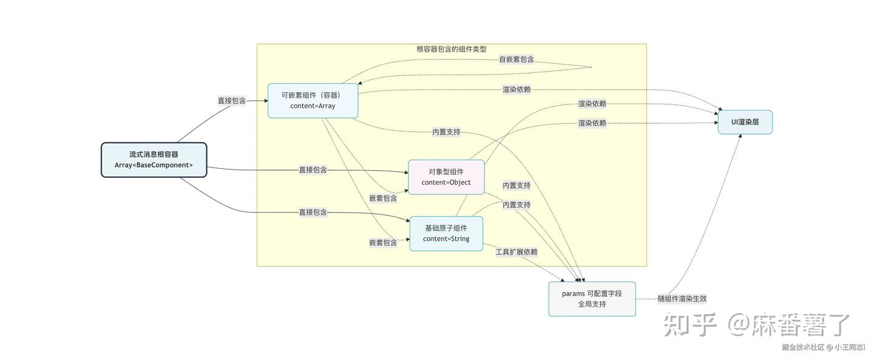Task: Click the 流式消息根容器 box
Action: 154,160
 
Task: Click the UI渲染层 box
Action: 745,122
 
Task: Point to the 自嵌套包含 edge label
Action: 517,59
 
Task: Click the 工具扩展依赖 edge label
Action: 517,252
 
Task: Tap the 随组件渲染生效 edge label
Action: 682,299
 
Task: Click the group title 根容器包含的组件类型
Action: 452,49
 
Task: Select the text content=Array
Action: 313,106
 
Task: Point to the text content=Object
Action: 446,182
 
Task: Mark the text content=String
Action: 446,239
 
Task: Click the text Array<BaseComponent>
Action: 154,165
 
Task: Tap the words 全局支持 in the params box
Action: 592,304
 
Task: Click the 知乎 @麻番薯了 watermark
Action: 757,325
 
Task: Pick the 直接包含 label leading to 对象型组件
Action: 313,170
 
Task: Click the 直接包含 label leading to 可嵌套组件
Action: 232,101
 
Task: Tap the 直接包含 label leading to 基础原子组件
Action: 313,212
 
